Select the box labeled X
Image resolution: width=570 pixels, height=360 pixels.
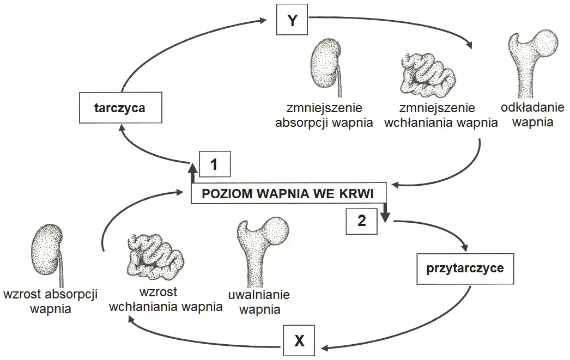[299, 341]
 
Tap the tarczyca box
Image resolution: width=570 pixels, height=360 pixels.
[119, 108]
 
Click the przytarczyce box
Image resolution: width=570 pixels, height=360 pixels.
[465, 268]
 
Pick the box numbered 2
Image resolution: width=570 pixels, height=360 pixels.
[362, 221]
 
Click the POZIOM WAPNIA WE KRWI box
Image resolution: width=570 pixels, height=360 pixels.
[289, 194]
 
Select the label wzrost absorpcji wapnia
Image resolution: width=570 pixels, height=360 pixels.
[50, 301]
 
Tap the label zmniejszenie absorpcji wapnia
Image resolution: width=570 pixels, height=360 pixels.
[324, 115]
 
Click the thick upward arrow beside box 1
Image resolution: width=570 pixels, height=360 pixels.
[192, 173]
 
